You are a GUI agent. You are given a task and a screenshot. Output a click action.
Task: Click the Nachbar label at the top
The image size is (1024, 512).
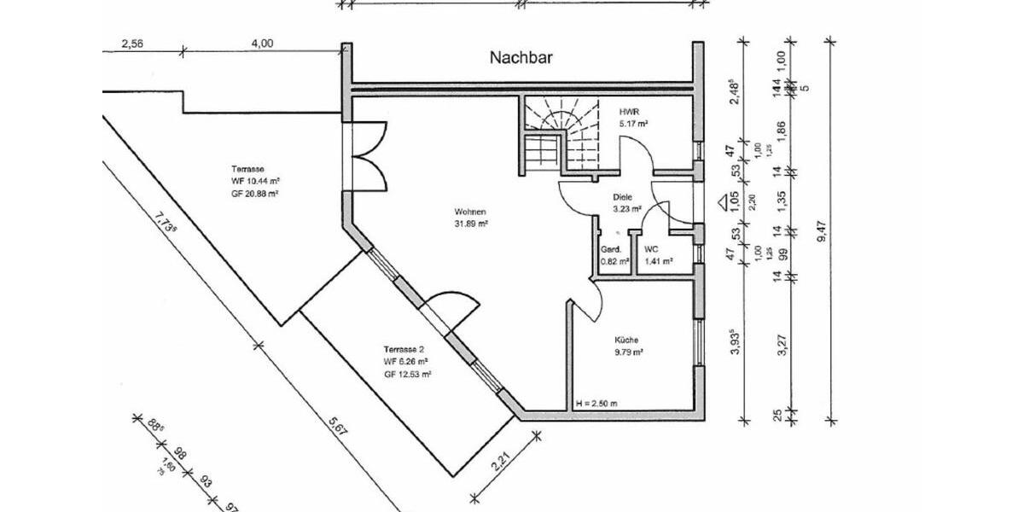click(x=521, y=58)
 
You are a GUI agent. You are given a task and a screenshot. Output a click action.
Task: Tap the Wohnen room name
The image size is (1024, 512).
click(x=470, y=212)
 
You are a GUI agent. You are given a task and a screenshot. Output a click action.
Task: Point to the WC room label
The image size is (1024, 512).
click(x=651, y=249)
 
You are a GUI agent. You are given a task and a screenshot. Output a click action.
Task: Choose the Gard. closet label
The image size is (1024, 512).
click(x=610, y=249)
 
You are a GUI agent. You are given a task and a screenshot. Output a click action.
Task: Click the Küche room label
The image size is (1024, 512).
click(x=625, y=340)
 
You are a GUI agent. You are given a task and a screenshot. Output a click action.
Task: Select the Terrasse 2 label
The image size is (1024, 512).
click(x=404, y=350)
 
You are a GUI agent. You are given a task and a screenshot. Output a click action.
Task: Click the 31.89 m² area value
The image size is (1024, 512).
click(x=470, y=224)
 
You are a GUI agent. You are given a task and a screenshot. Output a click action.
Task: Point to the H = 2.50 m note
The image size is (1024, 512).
click(x=596, y=403)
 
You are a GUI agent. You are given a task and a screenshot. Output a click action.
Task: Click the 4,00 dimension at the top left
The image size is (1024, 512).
click(x=263, y=44)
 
